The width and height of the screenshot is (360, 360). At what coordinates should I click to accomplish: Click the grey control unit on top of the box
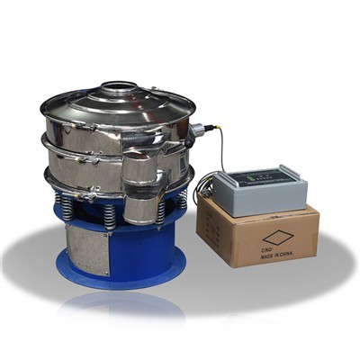[256, 186]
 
